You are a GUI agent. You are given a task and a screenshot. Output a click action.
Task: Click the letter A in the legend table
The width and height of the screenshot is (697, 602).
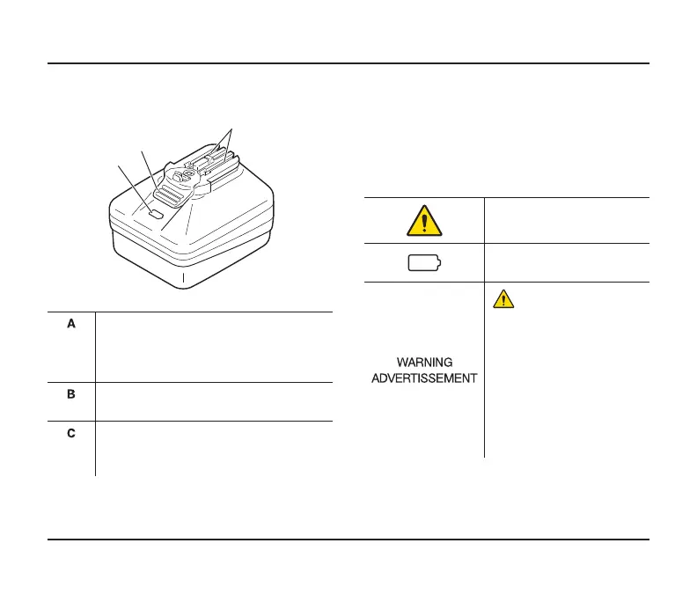click(x=72, y=325)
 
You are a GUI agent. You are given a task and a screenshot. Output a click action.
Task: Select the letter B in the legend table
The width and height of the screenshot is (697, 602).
click(x=72, y=395)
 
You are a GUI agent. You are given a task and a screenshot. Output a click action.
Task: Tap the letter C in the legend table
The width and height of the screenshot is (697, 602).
click(x=72, y=435)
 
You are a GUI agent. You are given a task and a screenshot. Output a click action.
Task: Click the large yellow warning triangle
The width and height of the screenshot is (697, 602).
click(x=424, y=220)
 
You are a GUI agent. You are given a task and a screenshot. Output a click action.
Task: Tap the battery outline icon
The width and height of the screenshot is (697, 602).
click(x=424, y=263)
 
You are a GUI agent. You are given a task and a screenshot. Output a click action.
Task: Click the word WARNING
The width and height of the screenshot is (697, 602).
click(x=424, y=363)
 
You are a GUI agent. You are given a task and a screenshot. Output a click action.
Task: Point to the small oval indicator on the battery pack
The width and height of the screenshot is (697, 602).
click(x=155, y=213)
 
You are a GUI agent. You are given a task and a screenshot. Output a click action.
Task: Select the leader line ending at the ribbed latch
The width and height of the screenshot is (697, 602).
click(x=150, y=167)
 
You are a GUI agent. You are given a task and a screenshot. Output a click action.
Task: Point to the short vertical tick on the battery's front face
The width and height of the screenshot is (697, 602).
click(x=183, y=278)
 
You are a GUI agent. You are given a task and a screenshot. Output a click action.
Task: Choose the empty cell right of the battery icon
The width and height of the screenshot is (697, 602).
click(x=567, y=263)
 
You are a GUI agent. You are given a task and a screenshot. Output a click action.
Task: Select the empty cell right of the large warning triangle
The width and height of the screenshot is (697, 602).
click(x=567, y=220)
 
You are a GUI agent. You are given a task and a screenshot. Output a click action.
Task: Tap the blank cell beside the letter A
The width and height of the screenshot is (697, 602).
click(x=215, y=347)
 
